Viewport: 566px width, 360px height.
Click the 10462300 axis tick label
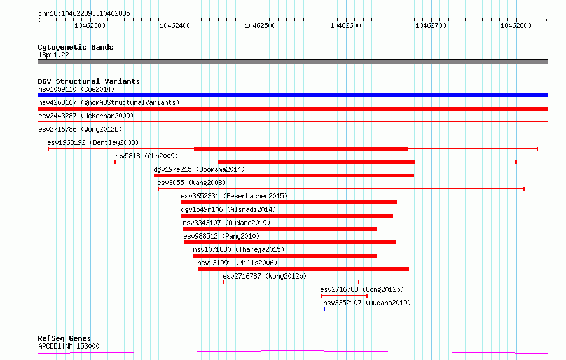coord(90,25)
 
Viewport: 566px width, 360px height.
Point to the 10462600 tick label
coord(345,25)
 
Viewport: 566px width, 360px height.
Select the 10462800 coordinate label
coord(516,25)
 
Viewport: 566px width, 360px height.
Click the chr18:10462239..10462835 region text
coord(84,14)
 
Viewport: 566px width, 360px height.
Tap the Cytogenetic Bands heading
coord(76,47)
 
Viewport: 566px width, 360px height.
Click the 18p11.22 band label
coord(53,55)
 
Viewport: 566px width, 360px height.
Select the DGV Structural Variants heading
coord(89,81)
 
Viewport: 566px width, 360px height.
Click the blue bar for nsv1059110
coord(293,95)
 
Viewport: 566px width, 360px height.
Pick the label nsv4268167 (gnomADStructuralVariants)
coord(109,102)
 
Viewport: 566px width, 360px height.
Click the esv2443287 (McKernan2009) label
coord(86,116)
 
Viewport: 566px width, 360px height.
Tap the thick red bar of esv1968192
coord(301,149)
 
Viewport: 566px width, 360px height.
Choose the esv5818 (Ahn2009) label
coord(146,156)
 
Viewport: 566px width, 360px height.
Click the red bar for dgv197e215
coord(284,176)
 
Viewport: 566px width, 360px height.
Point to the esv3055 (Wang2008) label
coord(191,183)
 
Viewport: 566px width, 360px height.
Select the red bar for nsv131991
coord(303,269)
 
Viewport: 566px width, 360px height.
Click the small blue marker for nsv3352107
coord(324,309)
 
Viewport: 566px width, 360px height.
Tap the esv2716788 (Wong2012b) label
coord(362,289)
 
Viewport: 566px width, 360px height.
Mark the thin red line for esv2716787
coord(291,282)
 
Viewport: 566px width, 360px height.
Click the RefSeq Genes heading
coord(64,338)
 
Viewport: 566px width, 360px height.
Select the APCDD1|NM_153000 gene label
coord(69,346)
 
